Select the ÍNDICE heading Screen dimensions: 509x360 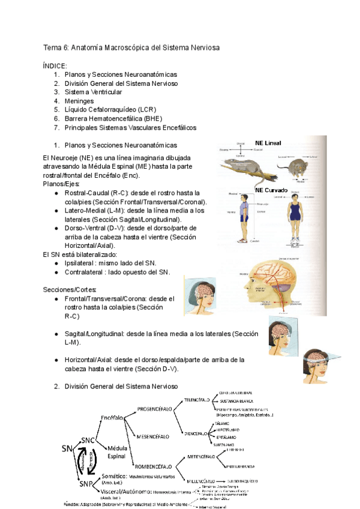point(55,65)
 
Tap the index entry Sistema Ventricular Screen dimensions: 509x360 point(93,92)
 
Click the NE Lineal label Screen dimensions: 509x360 point(268,142)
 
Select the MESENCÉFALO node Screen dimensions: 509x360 point(155,436)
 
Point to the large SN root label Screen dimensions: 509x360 point(68,449)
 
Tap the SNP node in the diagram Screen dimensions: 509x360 point(86,484)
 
